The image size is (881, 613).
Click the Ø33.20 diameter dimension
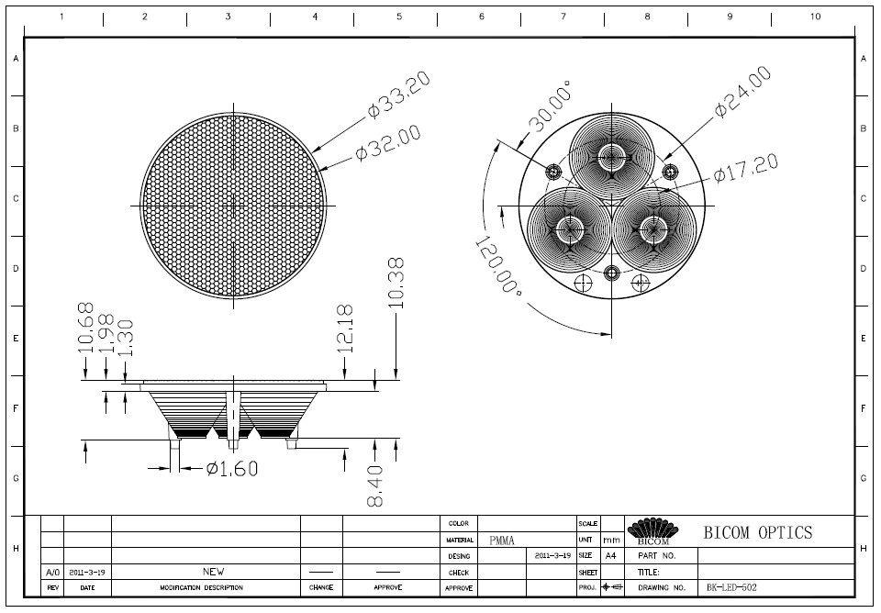pos(399,94)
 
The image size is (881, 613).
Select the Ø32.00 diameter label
pos(388,142)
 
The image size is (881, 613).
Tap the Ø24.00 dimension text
pos(742,92)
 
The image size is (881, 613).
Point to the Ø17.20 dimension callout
pos(746,169)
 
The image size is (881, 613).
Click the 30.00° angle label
pos(552,106)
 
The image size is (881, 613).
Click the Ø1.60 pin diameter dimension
pos(232,468)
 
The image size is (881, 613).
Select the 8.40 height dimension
pos(375,485)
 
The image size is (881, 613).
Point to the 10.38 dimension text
pos(396,283)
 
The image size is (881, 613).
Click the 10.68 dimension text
pos(85,329)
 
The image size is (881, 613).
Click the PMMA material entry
pos(502,541)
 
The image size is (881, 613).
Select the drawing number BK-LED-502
pos(731,587)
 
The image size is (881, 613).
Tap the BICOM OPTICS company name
pos(758,532)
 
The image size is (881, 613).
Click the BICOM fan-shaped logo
pos(652,530)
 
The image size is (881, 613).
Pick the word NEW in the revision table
pos(214,572)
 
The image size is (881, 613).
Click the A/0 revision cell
pos(53,573)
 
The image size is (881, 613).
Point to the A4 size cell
pos(611,556)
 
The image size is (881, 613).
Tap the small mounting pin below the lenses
pos(612,273)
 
